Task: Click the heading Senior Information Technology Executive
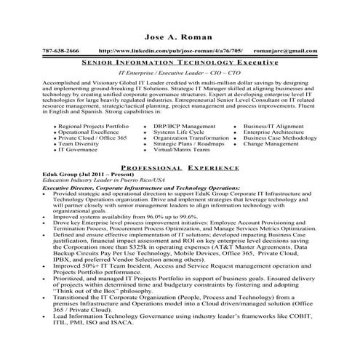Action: coord(180,63)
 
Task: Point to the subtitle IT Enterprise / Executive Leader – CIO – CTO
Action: coord(180,74)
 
